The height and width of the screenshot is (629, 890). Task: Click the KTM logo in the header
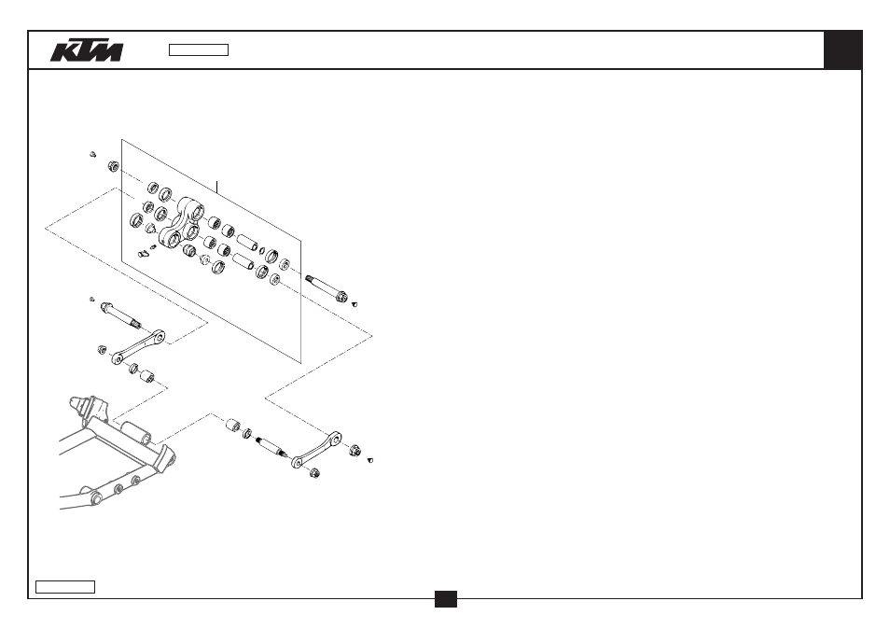point(87,50)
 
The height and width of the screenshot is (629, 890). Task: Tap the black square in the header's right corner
point(843,50)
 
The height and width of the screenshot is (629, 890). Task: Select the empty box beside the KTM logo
point(199,50)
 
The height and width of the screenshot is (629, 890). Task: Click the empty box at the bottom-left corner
point(65,587)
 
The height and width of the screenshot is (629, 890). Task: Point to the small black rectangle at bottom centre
point(446,599)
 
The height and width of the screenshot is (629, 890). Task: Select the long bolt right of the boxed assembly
point(327,287)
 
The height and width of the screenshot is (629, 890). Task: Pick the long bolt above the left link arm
point(121,315)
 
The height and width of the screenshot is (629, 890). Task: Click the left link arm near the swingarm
point(138,347)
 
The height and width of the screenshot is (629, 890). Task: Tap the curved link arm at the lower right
point(316,450)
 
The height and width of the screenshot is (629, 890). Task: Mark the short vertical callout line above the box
point(216,188)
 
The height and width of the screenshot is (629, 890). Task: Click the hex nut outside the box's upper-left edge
point(114,166)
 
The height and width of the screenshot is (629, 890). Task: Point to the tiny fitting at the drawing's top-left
point(93,154)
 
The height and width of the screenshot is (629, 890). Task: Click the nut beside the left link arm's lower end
point(103,349)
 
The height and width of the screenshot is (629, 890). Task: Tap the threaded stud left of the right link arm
point(271,447)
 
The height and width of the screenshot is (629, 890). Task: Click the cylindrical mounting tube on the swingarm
point(137,433)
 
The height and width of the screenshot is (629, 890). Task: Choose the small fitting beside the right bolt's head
point(355,304)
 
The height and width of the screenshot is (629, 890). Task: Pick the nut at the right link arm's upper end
point(355,451)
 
